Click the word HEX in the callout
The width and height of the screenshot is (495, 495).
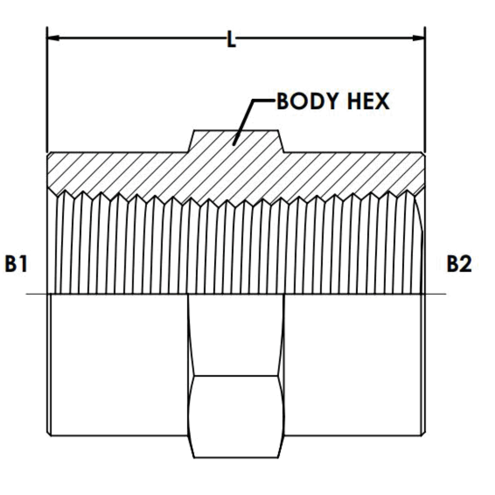(x=369, y=102)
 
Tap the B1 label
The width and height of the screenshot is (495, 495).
(x=16, y=264)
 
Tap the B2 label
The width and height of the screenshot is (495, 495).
(x=459, y=264)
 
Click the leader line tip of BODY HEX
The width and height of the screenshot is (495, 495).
(x=234, y=144)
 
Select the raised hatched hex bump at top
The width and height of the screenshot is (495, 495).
(x=236, y=140)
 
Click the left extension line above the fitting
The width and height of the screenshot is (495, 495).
(x=47, y=92)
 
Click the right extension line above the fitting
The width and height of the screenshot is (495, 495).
(x=425, y=92)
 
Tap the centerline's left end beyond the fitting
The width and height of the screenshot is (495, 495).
(x=32, y=294)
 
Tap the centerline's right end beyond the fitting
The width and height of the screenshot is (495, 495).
(x=440, y=294)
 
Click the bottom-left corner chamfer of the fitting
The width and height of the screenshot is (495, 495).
(x=49, y=433)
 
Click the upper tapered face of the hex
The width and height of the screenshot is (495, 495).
(x=236, y=335)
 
